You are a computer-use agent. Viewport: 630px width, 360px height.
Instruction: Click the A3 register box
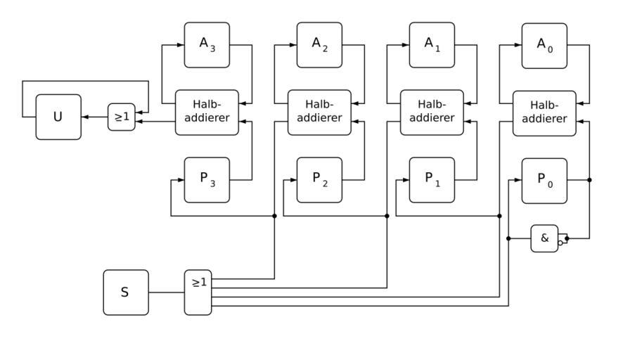coord(207,45)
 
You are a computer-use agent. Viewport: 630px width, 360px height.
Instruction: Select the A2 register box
coord(319,45)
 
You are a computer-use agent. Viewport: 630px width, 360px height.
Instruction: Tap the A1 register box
coord(432,45)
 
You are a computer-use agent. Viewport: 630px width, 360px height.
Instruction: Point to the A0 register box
coord(544,45)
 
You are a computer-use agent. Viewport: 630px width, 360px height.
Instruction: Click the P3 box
coord(207,180)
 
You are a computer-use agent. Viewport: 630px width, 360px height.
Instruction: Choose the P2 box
coord(319,180)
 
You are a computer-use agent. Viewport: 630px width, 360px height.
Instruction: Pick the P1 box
coord(432,180)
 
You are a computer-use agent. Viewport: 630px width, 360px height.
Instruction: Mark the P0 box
coord(544,180)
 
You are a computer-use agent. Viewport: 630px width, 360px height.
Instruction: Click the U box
coord(58,117)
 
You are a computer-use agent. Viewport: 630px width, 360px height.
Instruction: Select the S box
coord(126,292)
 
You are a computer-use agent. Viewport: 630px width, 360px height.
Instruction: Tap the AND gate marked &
coord(544,238)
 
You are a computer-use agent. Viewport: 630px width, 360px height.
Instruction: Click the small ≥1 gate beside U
coord(121,117)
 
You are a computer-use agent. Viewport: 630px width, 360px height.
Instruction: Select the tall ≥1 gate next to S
coord(198,292)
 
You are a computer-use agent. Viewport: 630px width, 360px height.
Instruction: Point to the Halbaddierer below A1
coord(432,112)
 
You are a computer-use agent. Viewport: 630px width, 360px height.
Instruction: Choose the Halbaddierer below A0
coord(544,112)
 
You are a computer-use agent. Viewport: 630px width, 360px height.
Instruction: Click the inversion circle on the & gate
coord(560,243)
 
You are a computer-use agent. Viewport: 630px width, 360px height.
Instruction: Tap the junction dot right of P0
coord(589,180)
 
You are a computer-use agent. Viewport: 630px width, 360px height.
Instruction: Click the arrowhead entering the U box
coord(85,117)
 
